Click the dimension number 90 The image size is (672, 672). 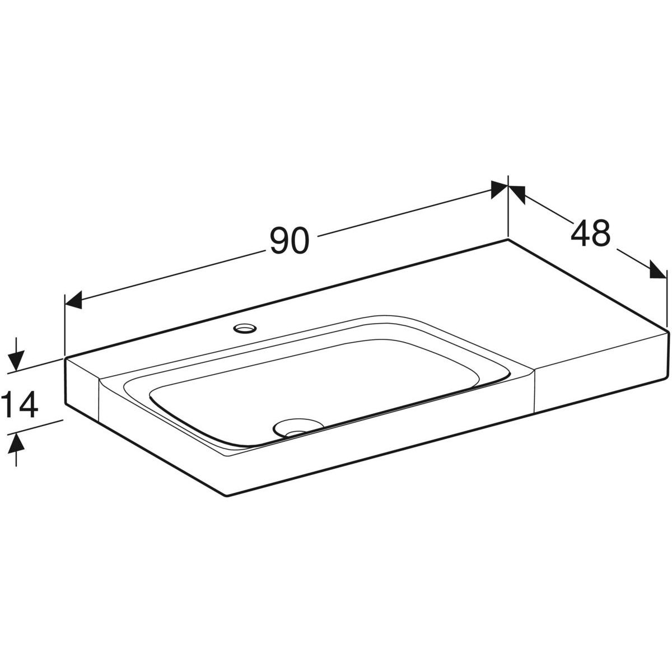tap(290, 240)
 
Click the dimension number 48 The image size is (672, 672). tap(591, 232)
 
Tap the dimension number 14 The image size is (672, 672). tap(20, 404)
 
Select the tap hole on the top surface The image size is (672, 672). tap(245, 328)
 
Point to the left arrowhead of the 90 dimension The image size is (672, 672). tap(73, 300)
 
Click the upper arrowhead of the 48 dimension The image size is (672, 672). tap(517, 194)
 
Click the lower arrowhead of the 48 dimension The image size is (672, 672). tap(659, 269)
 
